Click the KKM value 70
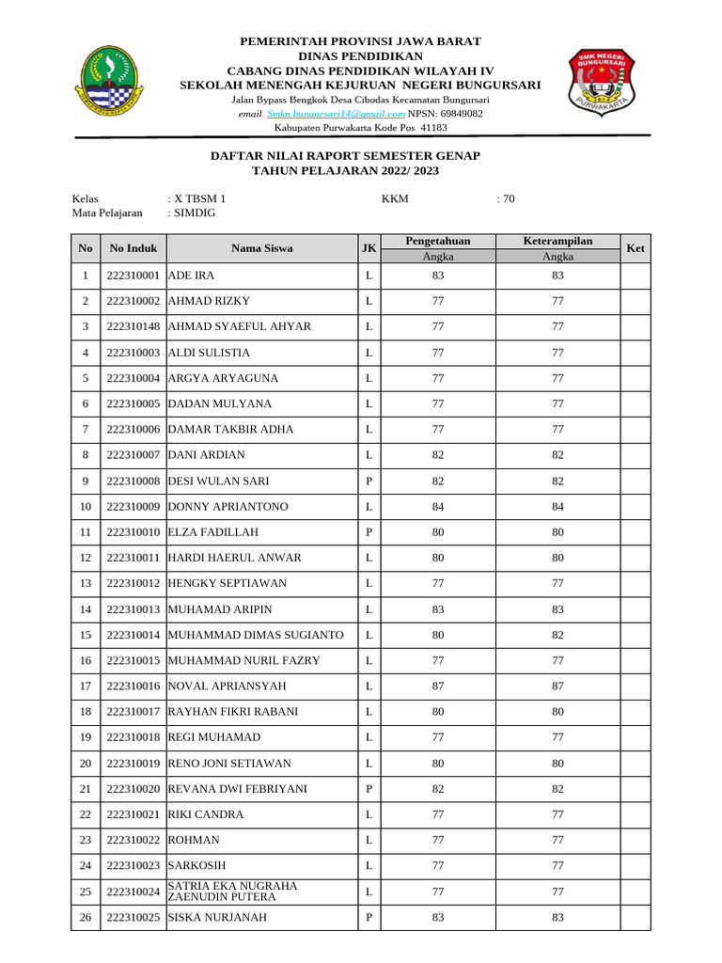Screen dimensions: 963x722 pos(507,198)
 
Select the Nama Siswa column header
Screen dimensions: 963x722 pos(262,249)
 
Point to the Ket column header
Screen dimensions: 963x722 pos(635,249)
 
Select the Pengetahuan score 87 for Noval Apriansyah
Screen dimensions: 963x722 pos(437,686)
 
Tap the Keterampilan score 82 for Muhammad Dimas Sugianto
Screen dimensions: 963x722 pos(557,635)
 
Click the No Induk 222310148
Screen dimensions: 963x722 pos(133,326)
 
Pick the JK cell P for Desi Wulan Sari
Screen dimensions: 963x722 pos(369,481)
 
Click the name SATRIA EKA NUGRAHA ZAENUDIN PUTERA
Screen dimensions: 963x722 pos(232,892)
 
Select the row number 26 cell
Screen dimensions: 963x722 pos(86,917)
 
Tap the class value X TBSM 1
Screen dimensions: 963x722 pos(198,198)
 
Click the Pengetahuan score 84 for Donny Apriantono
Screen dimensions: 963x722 pos(437,507)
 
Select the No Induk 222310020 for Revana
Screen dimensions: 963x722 pos(133,788)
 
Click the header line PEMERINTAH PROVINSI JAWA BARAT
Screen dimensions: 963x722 pos(360,42)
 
